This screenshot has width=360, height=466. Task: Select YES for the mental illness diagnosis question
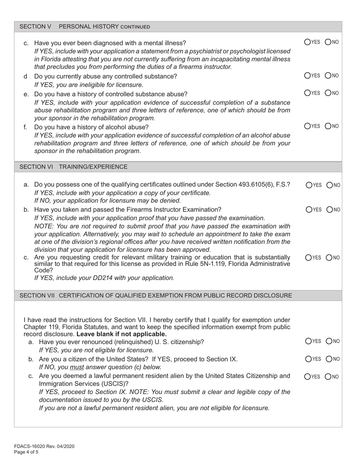[x=308, y=42]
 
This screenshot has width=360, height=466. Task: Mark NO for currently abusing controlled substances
[x=329, y=76]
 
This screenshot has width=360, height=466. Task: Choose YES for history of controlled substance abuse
[x=308, y=93]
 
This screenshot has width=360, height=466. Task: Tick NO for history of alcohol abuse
[x=329, y=126]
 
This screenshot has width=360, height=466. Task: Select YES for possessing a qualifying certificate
[x=309, y=185]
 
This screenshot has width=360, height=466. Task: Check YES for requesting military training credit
[x=309, y=258]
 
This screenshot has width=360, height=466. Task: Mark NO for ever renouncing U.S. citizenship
[x=329, y=341]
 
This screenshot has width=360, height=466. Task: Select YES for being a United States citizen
[x=308, y=359]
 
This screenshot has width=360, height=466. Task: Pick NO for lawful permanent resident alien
[x=329, y=377]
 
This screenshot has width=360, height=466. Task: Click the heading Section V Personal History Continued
[x=85, y=27]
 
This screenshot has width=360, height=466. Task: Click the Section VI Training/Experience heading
[x=74, y=167]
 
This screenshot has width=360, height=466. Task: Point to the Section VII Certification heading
[x=155, y=295]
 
